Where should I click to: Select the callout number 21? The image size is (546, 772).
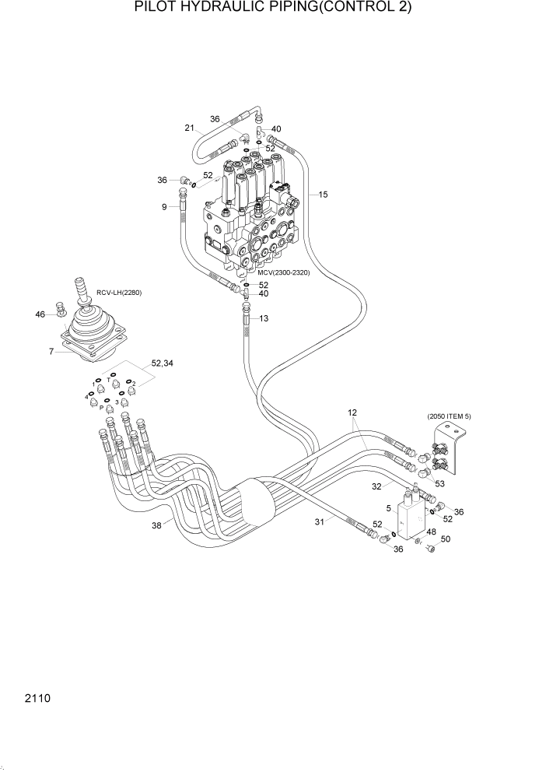(189, 128)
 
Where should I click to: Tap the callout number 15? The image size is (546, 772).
(323, 193)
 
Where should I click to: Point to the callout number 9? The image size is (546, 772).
(164, 206)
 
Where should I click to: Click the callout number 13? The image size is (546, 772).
(264, 318)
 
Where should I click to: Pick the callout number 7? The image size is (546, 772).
(51, 352)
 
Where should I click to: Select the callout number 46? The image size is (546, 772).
(40, 314)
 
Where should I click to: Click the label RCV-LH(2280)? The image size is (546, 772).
(119, 293)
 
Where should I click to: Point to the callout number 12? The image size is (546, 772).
(352, 412)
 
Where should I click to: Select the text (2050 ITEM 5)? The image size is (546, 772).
(449, 417)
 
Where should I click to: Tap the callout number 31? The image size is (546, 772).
(319, 522)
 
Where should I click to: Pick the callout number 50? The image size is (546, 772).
(445, 539)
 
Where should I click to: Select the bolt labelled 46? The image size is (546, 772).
(60, 311)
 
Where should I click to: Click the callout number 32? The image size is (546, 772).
(376, 486)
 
